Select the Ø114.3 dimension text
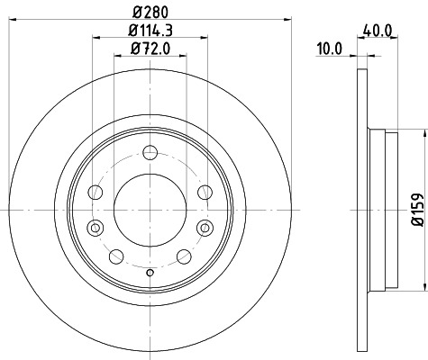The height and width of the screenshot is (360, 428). point(150,32)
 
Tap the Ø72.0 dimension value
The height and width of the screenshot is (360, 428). point(150,49)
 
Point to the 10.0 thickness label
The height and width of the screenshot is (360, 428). point(332,49)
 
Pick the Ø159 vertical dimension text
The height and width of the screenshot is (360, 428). point(417,209)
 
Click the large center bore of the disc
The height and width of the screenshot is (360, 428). point(150,209)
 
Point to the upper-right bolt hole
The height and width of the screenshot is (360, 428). point(204,192)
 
